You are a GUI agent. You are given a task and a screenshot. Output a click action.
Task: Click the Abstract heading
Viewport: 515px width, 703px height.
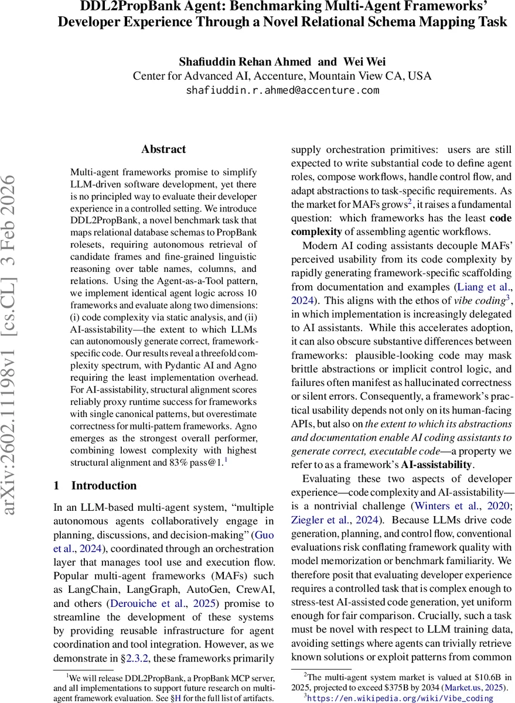click(x=163, y=149)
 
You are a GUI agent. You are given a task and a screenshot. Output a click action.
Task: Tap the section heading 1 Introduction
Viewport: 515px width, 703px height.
click(x=95, y=486)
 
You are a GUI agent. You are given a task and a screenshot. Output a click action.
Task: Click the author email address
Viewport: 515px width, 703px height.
click(x=282, y=91)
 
